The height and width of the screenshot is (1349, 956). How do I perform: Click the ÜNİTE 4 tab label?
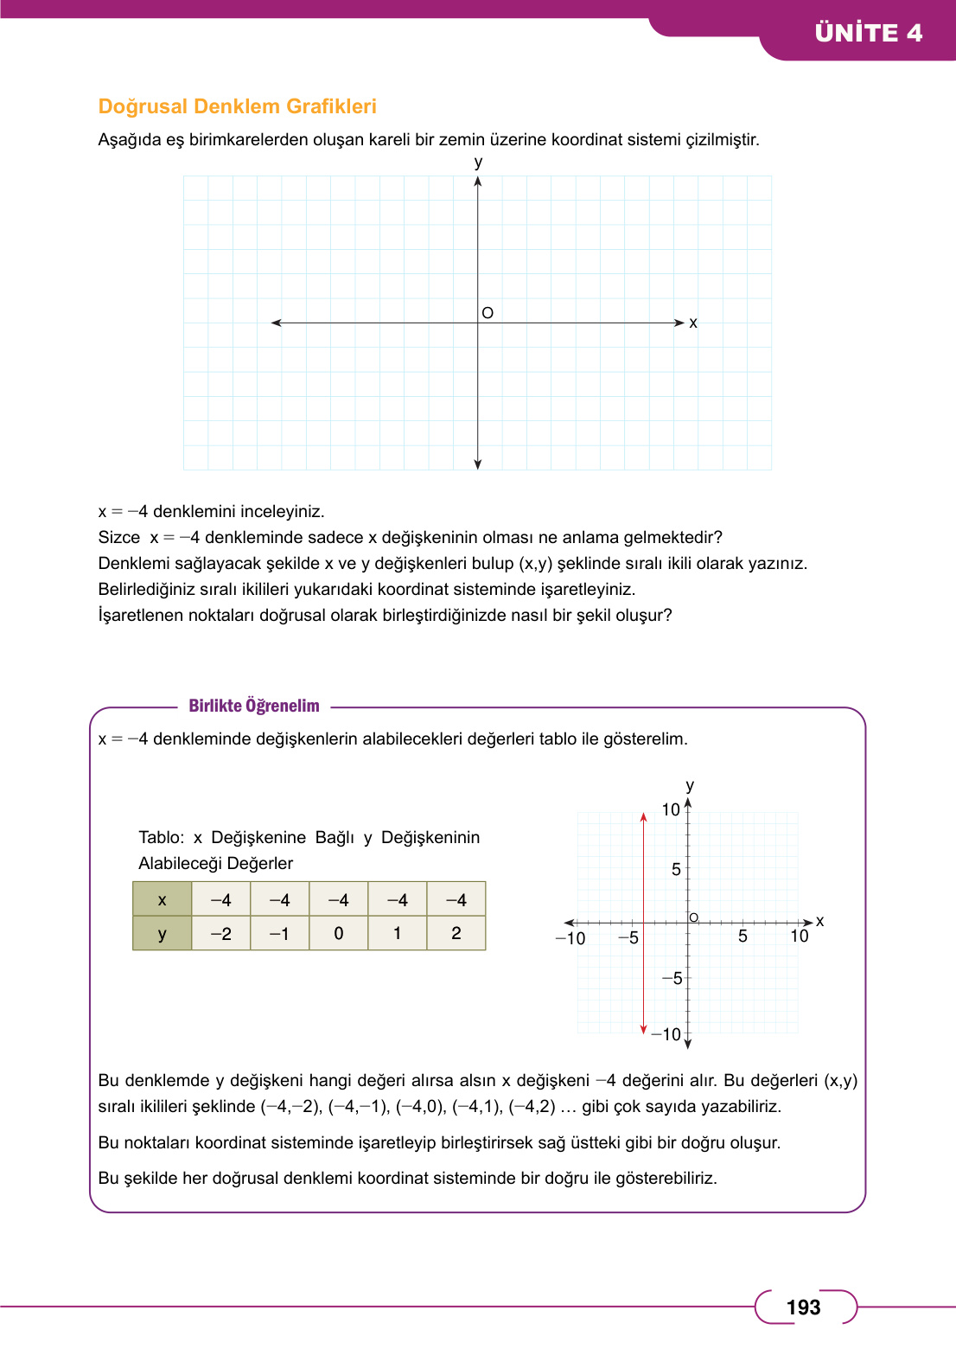coord(868,33)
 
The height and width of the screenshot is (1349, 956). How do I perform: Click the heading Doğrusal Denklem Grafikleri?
coord(237,106)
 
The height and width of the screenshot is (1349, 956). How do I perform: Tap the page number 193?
coord(803,1307)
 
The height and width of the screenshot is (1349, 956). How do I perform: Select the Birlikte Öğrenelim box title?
coord(254,706)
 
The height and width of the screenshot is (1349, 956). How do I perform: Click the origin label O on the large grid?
coord(488,312)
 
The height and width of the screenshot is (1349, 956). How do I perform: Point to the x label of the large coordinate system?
coord(692,323)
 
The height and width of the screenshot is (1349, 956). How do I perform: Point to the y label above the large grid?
coord(478,162)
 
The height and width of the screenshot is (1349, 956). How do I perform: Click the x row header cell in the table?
coord(162,899)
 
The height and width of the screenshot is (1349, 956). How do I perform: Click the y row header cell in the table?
coord(162,933)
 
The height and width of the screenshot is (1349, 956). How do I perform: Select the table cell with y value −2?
coord(220,933)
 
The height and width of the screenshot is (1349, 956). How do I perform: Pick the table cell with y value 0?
coord(338,933)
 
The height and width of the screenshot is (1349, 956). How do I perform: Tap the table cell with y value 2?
coord(456,933)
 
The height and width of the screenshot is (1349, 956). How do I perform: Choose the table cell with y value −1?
coord(279,933)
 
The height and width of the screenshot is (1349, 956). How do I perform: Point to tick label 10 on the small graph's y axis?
coord(671,809)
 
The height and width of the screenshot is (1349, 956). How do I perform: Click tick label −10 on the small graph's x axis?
coord(570,938)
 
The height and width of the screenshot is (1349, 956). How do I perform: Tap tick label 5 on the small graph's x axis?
coord(742,937)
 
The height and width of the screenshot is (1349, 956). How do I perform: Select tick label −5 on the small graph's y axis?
coord(672,978)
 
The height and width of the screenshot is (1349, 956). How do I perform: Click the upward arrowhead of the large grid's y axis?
coord(478,182)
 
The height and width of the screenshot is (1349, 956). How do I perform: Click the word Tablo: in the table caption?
coord(161,837)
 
